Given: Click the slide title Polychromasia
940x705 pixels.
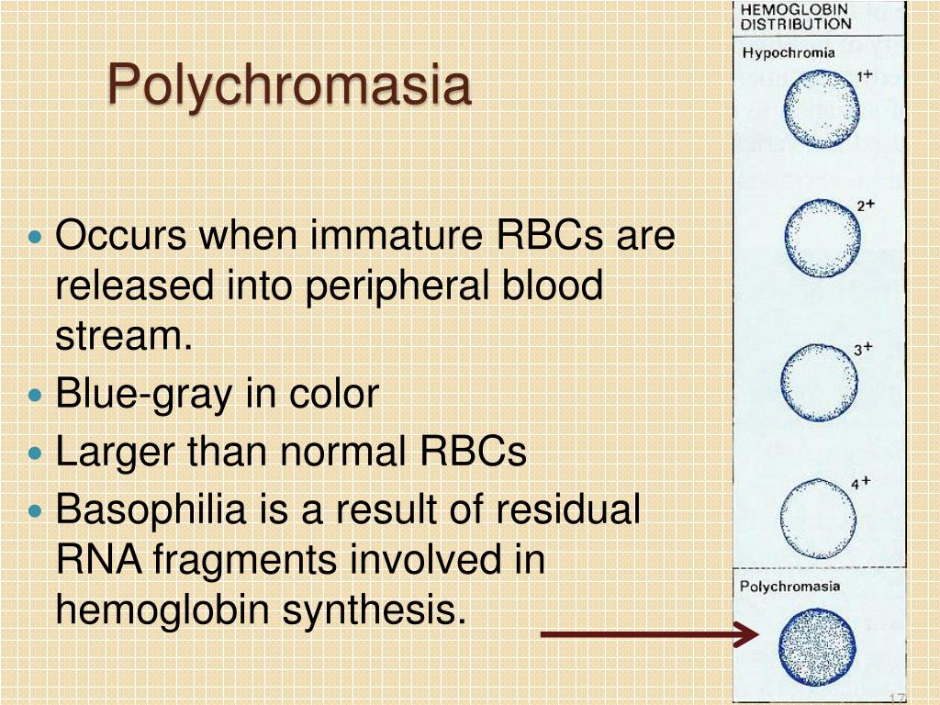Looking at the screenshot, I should coord(289,86).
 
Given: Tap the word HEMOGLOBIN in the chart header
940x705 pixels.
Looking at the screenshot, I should coord(796,9).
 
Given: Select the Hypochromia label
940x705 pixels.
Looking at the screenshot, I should coord(789,52).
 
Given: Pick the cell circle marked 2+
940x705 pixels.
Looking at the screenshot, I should coord(822,239).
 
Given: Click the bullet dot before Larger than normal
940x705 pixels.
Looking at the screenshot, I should coord(36,453).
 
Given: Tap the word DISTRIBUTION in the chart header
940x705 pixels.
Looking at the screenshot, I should coord(796,25).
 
